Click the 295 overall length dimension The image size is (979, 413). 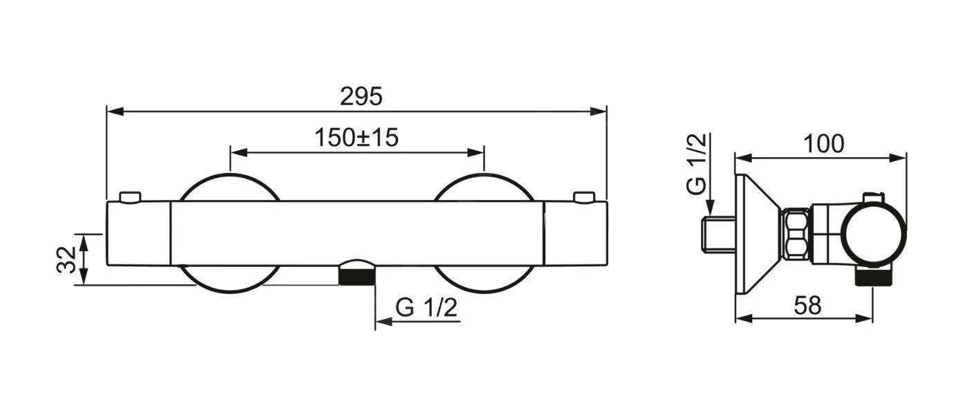(x=360, y=96)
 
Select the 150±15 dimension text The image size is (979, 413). (x=356, y=138)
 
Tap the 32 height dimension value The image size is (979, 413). (x=66, y=259)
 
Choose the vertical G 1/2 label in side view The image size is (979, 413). (x=697, y=164)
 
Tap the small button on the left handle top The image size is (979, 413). (x=129, y=197)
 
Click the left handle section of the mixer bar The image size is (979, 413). (x=138, y=233)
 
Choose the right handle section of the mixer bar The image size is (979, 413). (x=576, y=233)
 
